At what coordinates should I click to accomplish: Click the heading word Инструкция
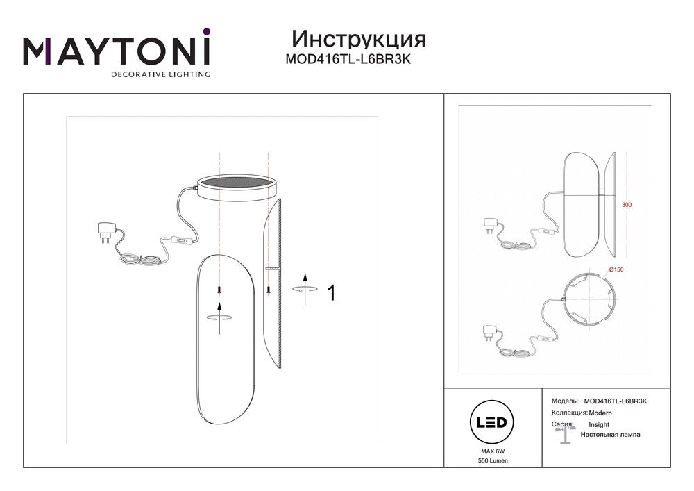(x=359, y=40)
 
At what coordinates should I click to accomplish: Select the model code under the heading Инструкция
(x=348, y=59)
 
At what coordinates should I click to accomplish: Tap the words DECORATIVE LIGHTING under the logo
(x=161, y=74)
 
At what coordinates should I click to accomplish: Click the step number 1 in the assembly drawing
(x=331, y=292)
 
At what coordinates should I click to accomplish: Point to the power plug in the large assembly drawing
(x=106, y=232)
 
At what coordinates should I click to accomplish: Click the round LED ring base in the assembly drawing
(x=237, y=188)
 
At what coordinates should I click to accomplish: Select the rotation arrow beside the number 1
(x=305, y=289)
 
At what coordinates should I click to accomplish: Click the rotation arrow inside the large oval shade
(x=219, y=317)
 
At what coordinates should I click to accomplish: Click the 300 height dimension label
(x=627, y=205)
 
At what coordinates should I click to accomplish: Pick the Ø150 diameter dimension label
(x=616, y=269)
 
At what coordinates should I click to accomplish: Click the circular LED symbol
(x=491, y=422)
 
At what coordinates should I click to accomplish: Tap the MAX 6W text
(x=493, y=451)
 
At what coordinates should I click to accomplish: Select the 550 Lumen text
(x=493, y=461)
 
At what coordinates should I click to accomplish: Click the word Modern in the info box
(x=600, y=413)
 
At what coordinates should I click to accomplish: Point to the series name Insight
(x=599, y=424)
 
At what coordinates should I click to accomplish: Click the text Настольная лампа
(x=610, y=435)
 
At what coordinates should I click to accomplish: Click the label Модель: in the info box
(x=564, y=401)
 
